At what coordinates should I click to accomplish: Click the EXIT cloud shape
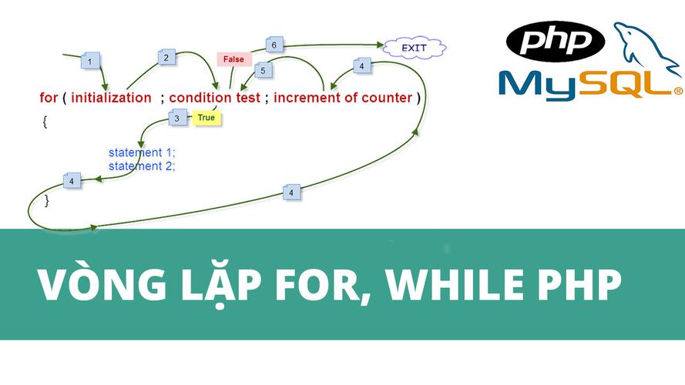(414, 48)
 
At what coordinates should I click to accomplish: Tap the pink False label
(233, 59)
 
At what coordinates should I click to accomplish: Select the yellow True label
(206, 118)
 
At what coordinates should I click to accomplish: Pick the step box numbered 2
(166, 56)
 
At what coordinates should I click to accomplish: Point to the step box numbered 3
(177, 118)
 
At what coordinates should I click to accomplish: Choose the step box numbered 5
(264, 71)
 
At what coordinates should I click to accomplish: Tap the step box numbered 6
(274, 45)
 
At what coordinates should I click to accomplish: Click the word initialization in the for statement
(111, 98)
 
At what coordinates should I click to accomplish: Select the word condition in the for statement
(200, 98)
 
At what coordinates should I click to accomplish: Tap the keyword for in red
(49, 98)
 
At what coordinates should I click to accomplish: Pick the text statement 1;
(142, 152)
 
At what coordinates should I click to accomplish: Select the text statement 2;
(142, 165)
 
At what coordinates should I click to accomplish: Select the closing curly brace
(47, 200)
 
